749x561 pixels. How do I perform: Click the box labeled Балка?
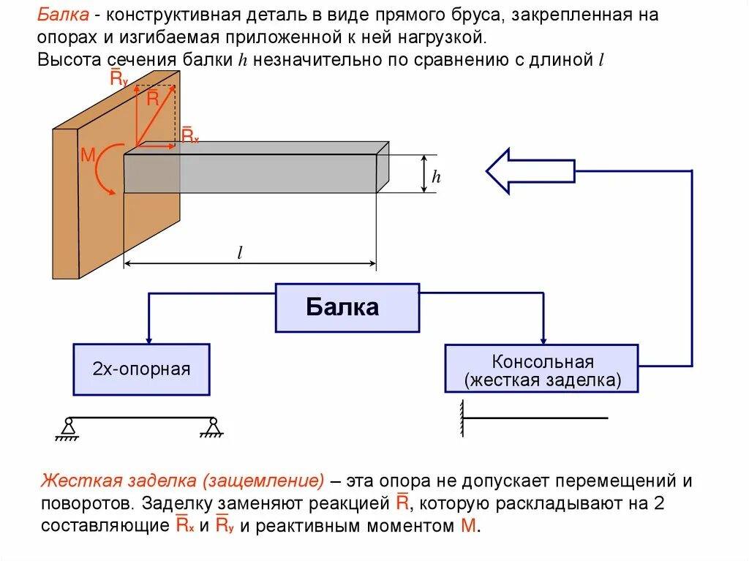tap(347, 307)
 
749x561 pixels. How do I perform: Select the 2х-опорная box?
tap(141, 369)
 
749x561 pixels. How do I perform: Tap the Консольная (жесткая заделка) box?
tap(541, 370)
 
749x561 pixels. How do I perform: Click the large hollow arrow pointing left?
tap(530, 170)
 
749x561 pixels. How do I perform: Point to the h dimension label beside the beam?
tap(436, 176)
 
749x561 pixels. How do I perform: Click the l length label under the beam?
tap(239, 253)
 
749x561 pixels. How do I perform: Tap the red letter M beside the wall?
tap(88, 154)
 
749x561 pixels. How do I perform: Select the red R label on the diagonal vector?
tap(152, 99)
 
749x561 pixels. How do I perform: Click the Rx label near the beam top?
tap(189, 135)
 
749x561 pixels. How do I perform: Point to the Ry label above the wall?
tap(118, 77)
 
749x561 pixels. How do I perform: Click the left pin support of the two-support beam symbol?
tap(67, 428)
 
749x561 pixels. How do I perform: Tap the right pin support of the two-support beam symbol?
tap(212, 428)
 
